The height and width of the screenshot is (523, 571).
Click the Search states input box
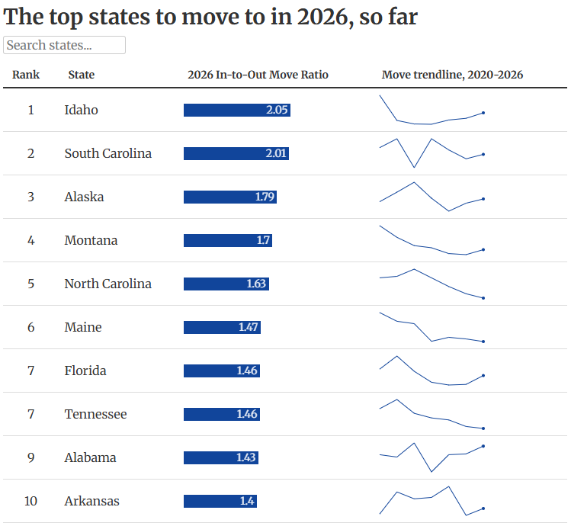pos(64,45)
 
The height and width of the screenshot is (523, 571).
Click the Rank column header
pos(26,75)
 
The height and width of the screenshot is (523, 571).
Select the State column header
pos(82,75)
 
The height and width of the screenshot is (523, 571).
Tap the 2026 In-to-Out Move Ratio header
pos(258,75)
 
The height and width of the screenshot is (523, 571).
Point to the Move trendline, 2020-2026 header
pos(452,75)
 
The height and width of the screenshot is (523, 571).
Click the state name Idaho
pos(82,110)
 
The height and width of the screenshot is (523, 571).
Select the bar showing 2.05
pos(237,110)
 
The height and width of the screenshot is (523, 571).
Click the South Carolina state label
pos(108,153)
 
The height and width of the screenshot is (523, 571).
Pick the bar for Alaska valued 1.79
pos(230,197)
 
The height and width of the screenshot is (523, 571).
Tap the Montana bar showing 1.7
pos(228,240)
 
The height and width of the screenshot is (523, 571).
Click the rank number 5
pos(31,284)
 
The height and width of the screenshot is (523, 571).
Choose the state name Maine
pos(83,327)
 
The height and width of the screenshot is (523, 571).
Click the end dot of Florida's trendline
pos(483,375)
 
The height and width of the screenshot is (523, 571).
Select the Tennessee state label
pos(96,414)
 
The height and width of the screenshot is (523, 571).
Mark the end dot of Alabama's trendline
pos(483,446)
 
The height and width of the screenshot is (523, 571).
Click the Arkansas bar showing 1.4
pos(220,501)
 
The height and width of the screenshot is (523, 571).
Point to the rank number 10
pos(31,501)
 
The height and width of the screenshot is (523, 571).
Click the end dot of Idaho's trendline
pos(483,113)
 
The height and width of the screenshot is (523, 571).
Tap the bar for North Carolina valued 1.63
pos(226,284)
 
